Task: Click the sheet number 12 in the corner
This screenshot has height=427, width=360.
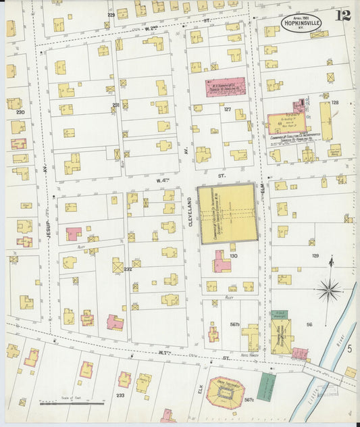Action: point(344,16)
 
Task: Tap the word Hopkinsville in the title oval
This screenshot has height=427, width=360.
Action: point(292,30)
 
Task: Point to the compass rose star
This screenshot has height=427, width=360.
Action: point(330,289)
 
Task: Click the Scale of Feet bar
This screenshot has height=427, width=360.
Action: point(71,403)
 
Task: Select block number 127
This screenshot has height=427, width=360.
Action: point(228,109)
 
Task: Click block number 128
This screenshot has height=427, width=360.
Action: point(334,103)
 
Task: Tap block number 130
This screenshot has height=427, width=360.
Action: point(234,256)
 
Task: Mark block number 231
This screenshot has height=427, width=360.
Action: point(115,105)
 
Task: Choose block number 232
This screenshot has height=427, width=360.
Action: point(128,269)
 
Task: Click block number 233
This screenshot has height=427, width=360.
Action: point(121,395)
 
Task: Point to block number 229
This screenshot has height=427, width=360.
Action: point(111,14)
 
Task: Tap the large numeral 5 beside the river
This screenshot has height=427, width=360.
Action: point(349,348)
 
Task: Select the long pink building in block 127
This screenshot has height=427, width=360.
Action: point(226,88)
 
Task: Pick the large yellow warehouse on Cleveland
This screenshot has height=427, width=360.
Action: point(227,214)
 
